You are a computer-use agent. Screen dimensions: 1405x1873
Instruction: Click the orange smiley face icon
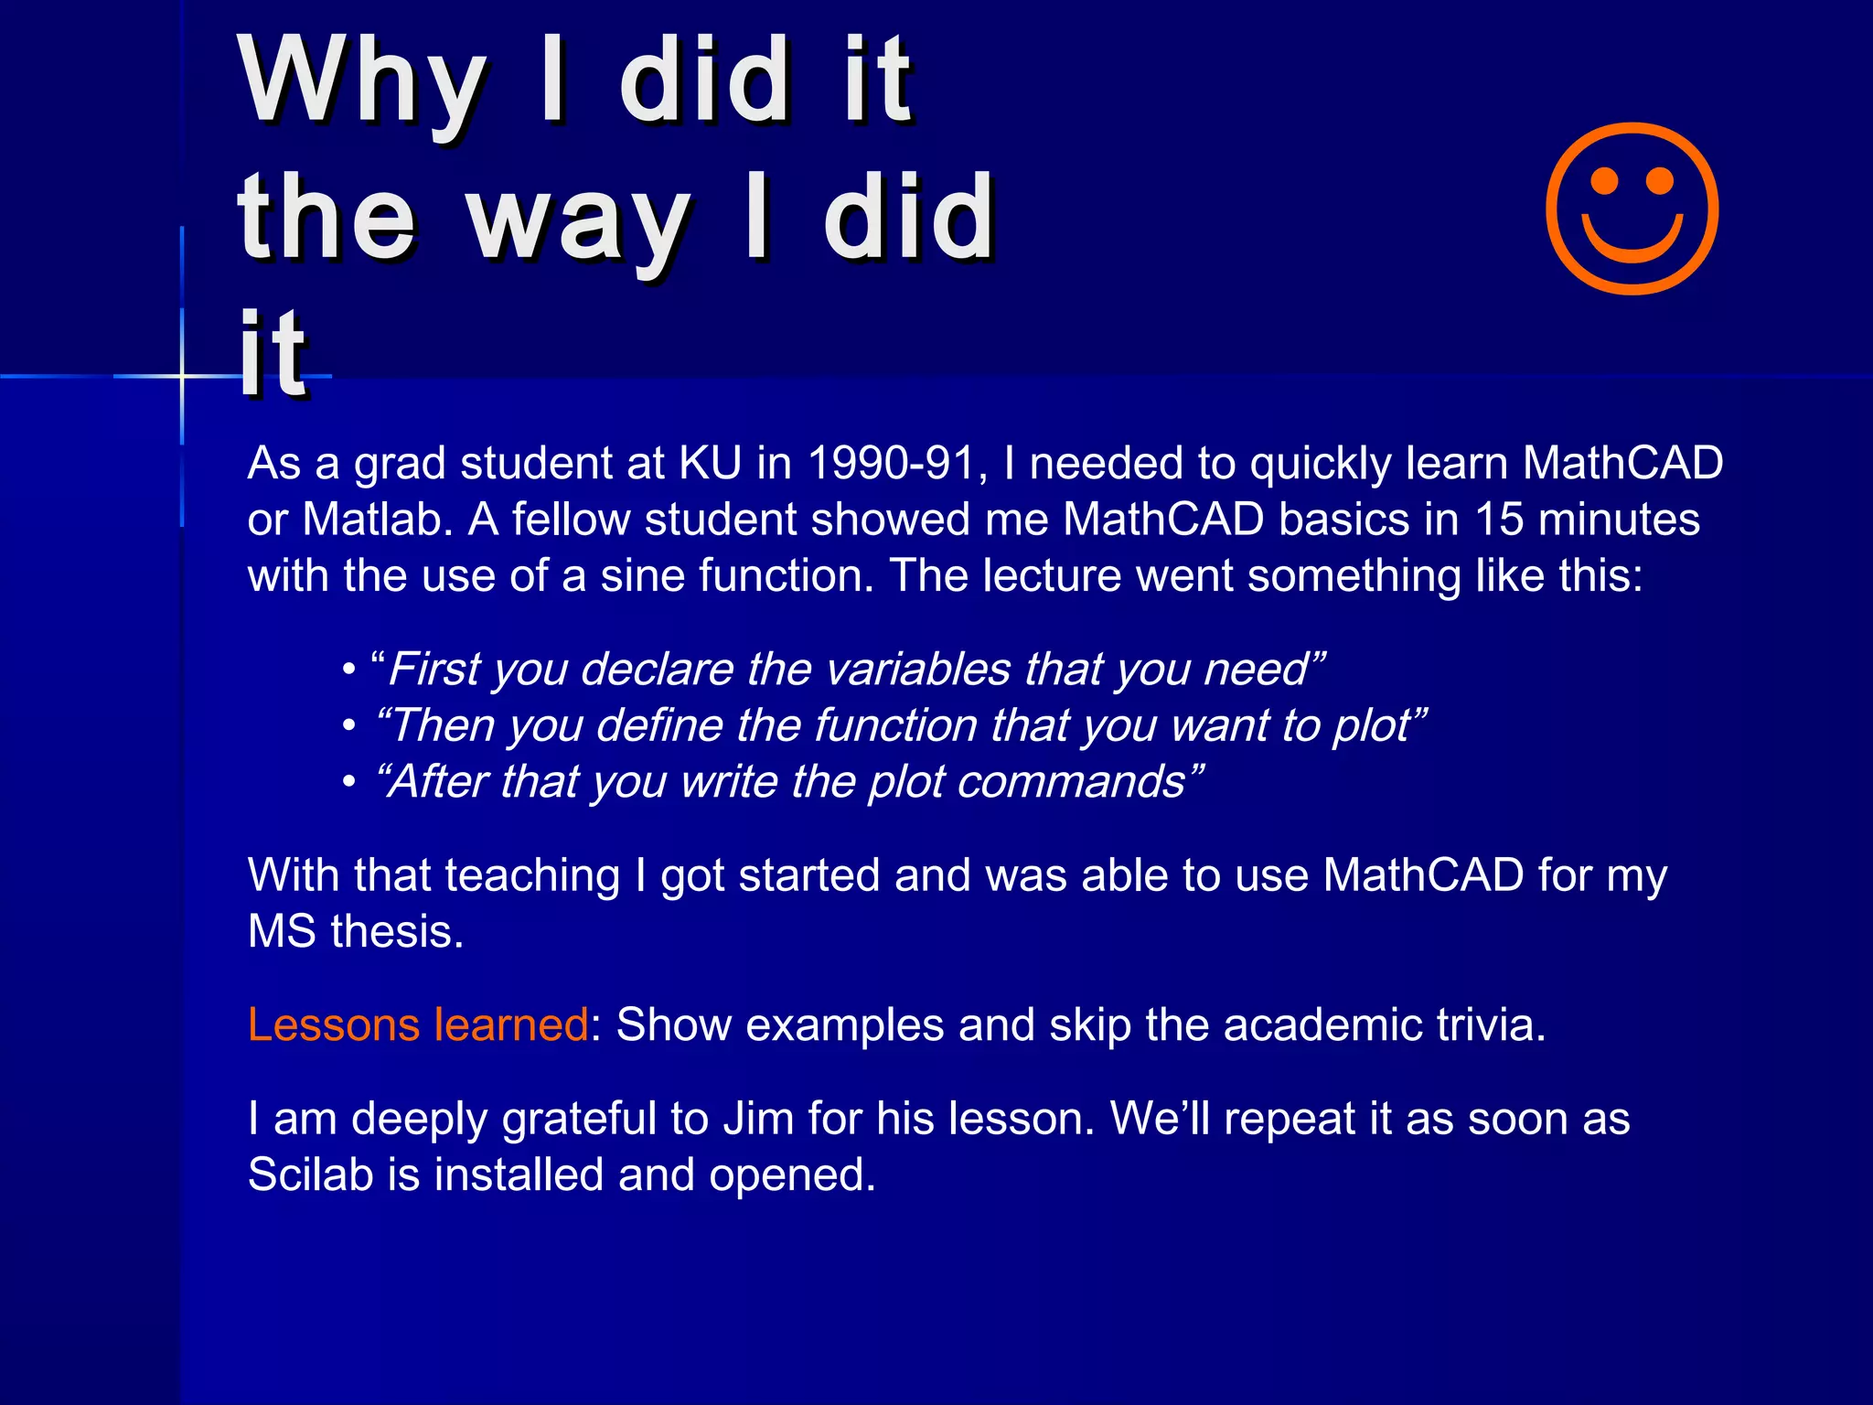1632,209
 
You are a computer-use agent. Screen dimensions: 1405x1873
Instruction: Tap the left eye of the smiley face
1604,180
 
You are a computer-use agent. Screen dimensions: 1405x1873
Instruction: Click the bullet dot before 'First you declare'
348,670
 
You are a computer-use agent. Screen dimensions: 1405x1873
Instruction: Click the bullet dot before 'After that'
348,783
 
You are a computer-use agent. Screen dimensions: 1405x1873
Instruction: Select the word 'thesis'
397,932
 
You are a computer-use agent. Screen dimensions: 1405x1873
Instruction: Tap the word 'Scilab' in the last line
310,1175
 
